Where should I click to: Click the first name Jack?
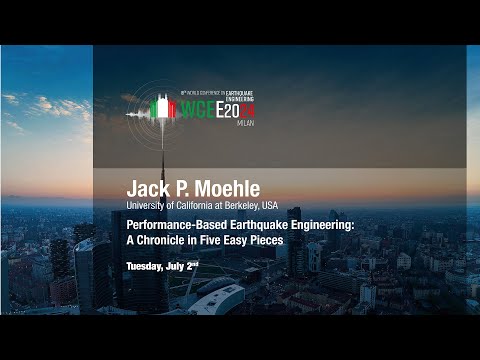144,188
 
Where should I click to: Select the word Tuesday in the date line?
146,265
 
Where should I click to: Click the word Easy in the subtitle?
241,240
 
